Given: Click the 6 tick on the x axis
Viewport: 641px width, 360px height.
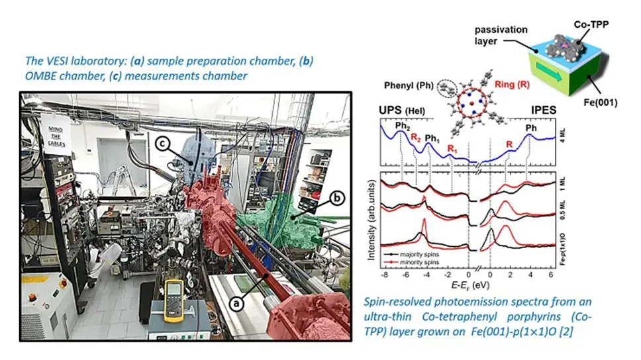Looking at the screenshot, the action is tap(552, 273).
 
